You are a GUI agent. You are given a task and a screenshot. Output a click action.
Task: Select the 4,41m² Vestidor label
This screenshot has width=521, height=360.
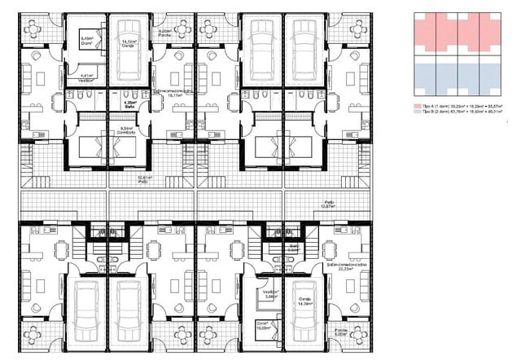(x=85, y=78)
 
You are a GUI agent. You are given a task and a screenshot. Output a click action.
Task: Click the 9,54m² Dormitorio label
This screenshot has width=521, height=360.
(x=125, y=130)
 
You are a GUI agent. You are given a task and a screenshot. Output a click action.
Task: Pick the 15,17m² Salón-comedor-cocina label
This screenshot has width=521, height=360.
(x=171, y=94)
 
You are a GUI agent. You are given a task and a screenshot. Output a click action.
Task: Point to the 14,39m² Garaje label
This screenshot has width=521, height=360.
(x=304, y=302)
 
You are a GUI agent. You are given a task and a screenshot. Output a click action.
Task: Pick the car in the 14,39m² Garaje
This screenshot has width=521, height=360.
(x=304, y=322)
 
